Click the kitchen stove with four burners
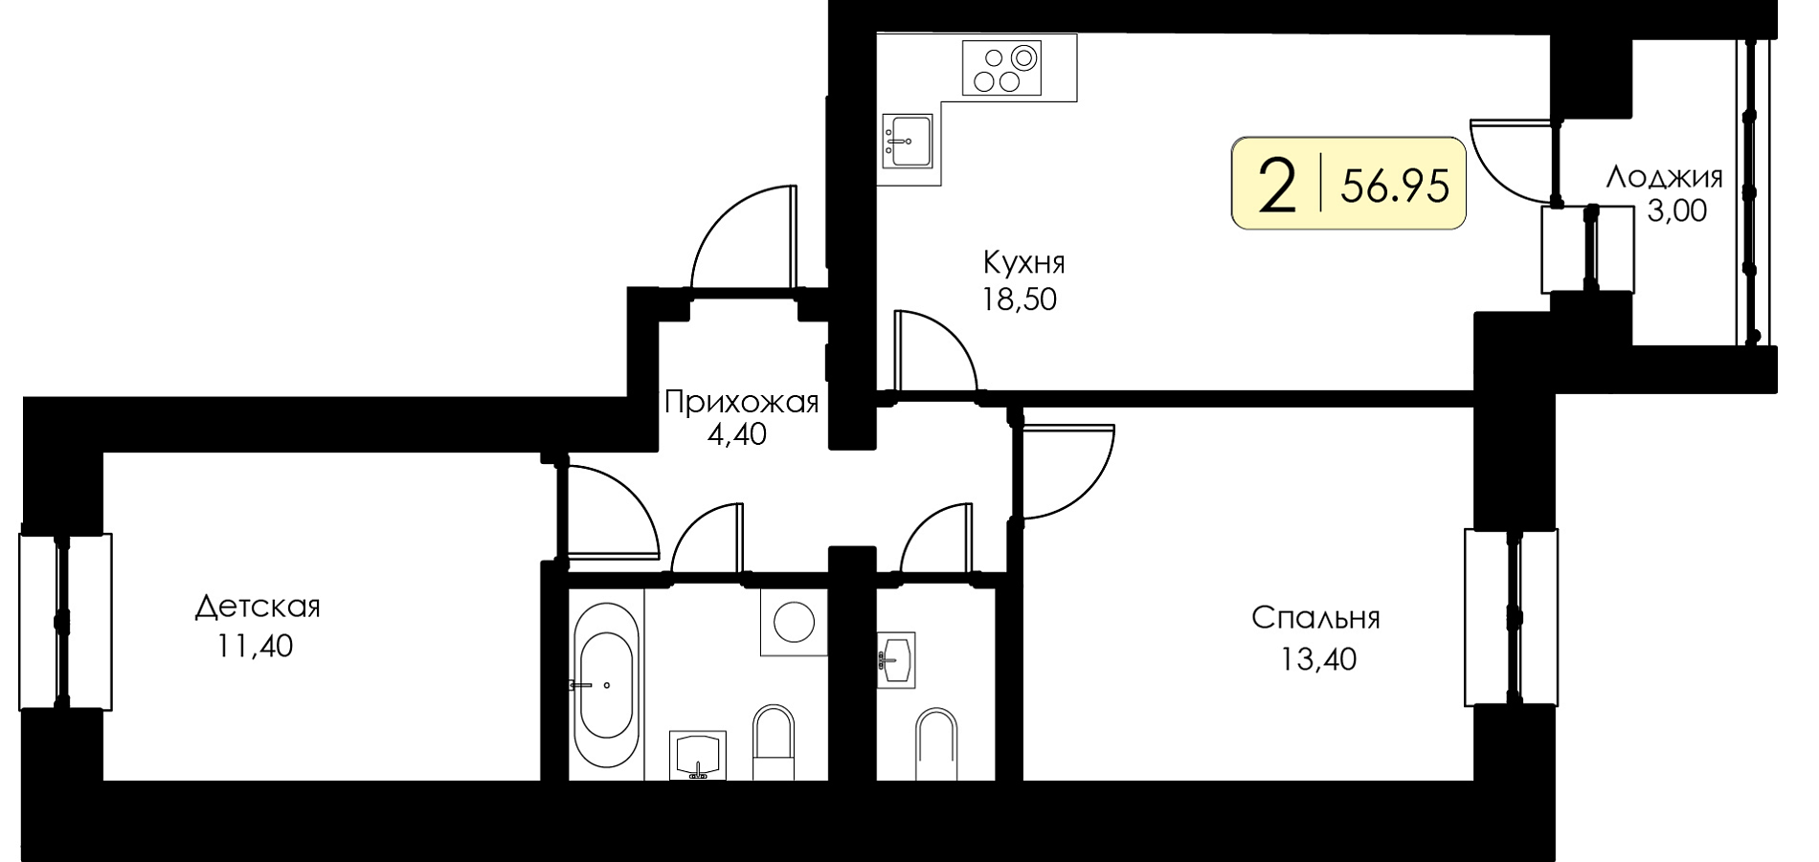[1001, 67]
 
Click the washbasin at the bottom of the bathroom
[699, 756]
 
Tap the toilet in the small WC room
[936, 743]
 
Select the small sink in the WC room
[896, 658]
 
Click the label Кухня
[1023, 261]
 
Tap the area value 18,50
[1019, 300]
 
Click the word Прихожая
[742, 402]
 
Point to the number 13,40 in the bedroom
[1318, 659]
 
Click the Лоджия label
[1664, 176]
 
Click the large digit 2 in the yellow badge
[1277, 185]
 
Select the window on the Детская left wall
[65, 622]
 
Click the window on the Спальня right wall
[1511, 617]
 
